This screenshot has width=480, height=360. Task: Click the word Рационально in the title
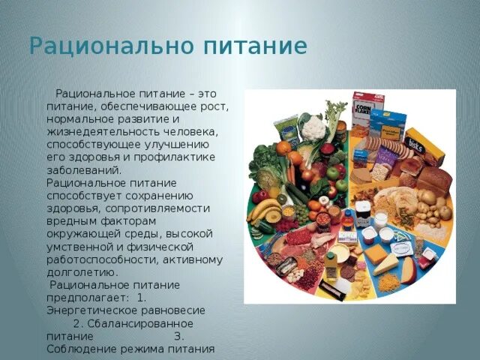point(109,46)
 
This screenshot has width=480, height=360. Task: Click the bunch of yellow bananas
point(264,211)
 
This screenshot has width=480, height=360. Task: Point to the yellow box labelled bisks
point(424,146)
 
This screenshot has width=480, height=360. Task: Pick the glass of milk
point(381,220)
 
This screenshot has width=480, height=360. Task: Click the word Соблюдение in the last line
point(79,349)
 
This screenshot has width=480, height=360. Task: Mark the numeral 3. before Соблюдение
point(178,336)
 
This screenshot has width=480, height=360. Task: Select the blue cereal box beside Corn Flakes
point(388,124)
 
